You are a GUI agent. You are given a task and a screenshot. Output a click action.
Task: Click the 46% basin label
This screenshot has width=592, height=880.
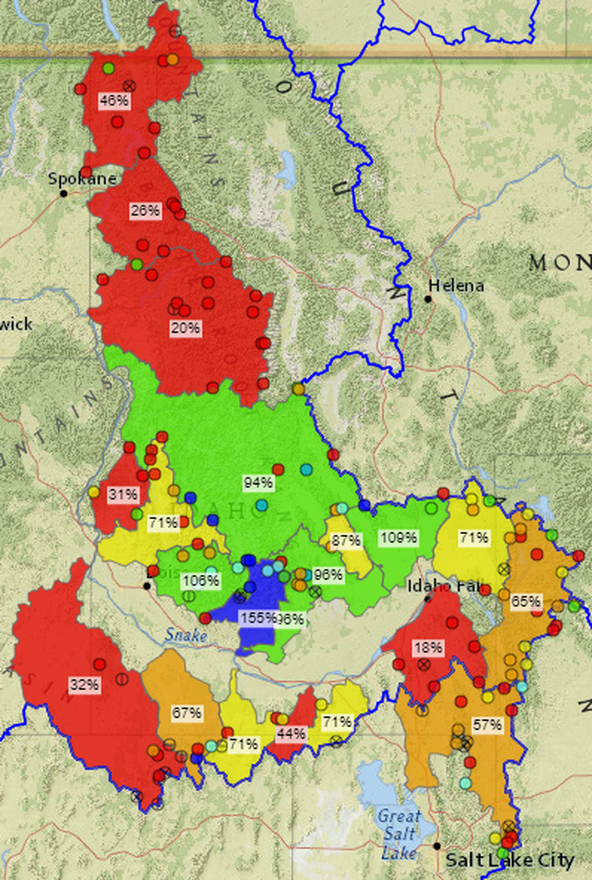tap(114, 100)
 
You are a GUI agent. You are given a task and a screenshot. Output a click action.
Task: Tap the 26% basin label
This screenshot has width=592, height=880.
tap(145, 210)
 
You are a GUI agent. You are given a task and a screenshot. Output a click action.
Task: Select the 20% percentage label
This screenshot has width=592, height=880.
tap(185, 328)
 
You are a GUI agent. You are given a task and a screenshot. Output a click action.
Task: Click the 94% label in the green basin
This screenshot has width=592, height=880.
tap(258, 483)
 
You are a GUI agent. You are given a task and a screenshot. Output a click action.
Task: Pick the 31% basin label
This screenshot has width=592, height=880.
tap(123, 494)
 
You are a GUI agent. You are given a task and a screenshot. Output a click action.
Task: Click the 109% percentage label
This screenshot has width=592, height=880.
tap(398, 538)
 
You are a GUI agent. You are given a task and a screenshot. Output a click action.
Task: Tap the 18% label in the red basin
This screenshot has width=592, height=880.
tap(428, 647)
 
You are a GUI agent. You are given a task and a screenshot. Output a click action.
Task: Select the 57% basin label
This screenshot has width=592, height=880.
tap(487, 724)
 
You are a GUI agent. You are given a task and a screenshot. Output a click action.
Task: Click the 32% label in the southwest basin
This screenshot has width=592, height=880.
tap(85, 685)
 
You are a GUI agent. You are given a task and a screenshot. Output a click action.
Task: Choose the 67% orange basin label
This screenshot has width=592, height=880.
tap(187, 713)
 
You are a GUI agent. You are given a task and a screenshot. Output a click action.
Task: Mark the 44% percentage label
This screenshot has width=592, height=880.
tap(291, 734)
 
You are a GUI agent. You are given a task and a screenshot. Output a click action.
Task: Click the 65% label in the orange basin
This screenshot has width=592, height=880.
tap(526, 601)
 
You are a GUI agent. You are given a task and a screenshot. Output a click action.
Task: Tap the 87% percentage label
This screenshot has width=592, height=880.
tap(346, 540)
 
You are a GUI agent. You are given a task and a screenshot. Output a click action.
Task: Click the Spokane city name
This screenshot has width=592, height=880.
tap(82, 179)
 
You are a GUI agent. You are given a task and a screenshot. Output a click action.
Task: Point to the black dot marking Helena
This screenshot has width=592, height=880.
tap(428, 299)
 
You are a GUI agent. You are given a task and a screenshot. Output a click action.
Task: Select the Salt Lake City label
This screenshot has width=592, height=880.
tap(509, 860)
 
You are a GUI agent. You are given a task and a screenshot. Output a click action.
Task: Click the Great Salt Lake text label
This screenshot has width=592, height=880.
tap(398, 834)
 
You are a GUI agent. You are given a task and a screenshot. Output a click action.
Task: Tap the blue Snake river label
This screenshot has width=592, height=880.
tap(186, 634)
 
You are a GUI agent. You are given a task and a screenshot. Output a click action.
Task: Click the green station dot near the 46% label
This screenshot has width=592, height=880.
tap(108, 68)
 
